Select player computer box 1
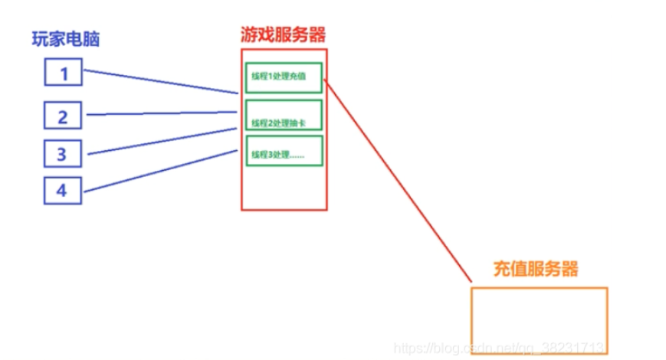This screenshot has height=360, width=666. (x=64, y=74)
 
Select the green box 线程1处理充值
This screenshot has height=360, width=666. (x=284, y=77)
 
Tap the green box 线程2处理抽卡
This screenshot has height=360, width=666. (x=284, y=116)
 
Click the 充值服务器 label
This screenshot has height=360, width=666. (x=536, y=269)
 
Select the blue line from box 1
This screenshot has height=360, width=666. (x=161, y=82)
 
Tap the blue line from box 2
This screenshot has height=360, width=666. (x=161, y=113)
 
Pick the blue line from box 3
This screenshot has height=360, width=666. (x=161, y=142)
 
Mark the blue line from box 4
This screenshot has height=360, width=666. (x=161, y=170)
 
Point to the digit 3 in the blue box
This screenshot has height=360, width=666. (x=62, y=153)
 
